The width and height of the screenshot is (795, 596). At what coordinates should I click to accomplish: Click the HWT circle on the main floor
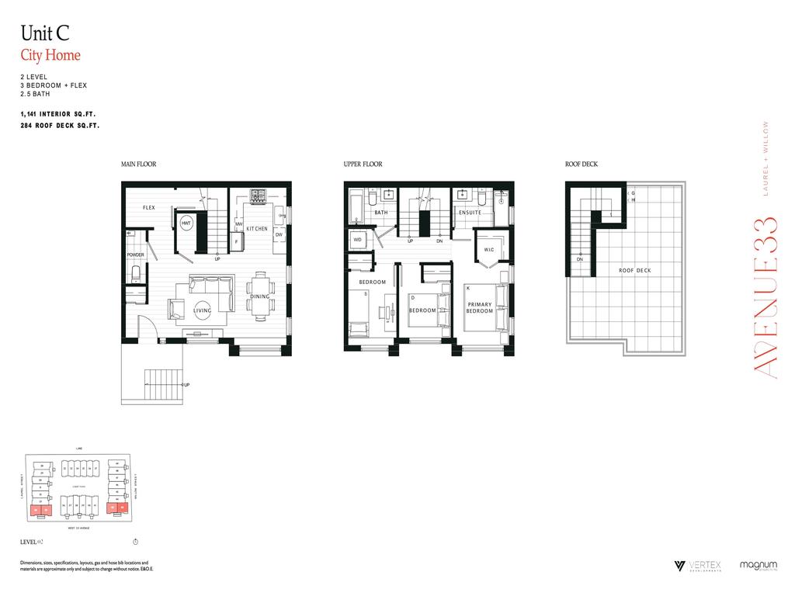click(186, 223)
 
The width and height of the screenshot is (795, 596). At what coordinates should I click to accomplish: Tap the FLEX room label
click(149, 208)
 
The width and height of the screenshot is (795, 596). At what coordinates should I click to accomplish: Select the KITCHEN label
click(257, 229)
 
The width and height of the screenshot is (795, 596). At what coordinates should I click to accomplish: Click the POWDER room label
click(136, 255)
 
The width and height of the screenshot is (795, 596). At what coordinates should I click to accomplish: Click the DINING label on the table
click(260, 296)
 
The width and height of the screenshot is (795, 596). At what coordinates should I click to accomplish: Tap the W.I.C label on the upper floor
click(489, 250)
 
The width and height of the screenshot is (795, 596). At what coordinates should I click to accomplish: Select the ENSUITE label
click(470, 212)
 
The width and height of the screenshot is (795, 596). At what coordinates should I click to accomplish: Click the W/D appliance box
click(358, 240)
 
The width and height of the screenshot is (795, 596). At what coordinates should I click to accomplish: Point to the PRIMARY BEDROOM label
click(480, 307)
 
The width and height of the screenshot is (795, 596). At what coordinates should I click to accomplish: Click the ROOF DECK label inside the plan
click(634, 271)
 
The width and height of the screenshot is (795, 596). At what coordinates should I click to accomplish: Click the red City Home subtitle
click(50, 55)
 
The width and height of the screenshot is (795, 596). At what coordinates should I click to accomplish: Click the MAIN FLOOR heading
click(138, 165)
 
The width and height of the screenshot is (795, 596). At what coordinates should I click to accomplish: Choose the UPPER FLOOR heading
click(363, 165)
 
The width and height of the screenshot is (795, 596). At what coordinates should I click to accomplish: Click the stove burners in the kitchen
click(258, 194)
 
